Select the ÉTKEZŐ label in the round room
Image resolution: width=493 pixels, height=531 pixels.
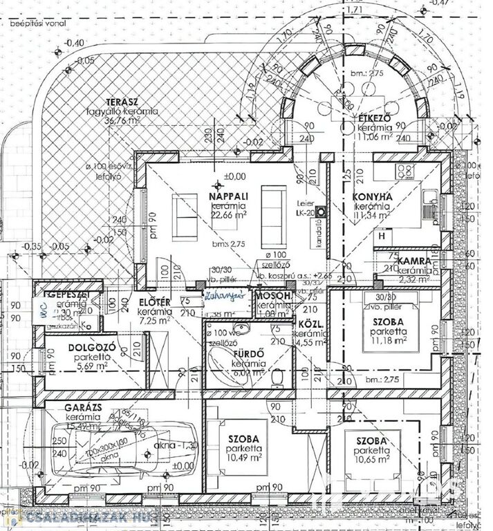pos(374,118)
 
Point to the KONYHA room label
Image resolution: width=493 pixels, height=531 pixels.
pos(373,197)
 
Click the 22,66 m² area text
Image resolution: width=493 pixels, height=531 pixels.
pos(232,214)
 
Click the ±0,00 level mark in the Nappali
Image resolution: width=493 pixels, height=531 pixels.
pos(234,176)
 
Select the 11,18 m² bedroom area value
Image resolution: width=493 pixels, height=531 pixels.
pos(386,340)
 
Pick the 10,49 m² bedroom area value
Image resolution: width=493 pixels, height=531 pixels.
pos(242,457)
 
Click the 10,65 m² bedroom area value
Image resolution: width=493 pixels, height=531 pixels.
pos(371,459)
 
